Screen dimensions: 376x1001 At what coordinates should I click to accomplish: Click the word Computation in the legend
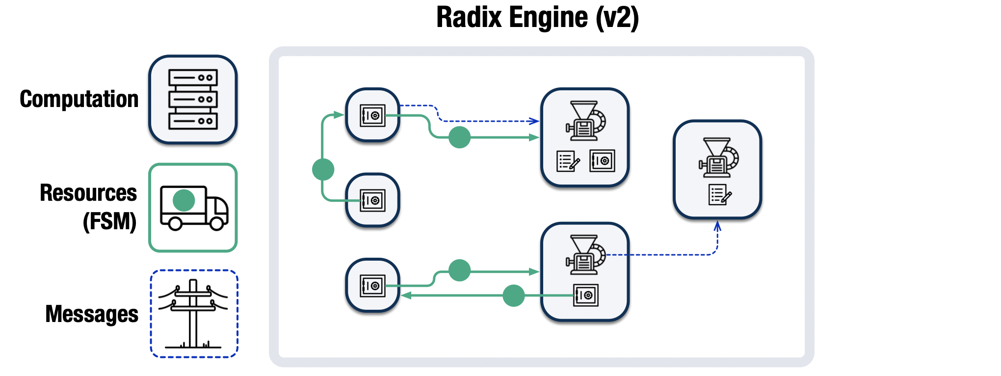(79, 99)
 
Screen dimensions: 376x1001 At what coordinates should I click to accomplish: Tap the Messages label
(92, 314)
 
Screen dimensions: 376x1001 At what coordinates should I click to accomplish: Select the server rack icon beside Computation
(193, 99)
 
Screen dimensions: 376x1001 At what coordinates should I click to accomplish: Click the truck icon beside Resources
(194, 208)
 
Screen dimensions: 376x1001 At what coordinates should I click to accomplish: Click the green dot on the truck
(184, 200)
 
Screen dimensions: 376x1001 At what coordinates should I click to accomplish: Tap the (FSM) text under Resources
(109, 221)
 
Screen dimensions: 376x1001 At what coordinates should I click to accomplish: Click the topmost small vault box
(372, 115)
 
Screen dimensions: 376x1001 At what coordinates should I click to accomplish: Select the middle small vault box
(372, 200)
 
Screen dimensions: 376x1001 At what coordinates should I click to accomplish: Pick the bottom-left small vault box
(372, 286)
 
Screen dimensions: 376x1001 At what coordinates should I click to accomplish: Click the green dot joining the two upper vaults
(323, 169)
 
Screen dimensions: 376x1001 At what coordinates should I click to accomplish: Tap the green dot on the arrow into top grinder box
(459, 137)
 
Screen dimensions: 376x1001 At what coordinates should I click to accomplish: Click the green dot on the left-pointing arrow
(513, 295)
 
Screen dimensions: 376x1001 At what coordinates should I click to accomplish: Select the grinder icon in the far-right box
(718, 158)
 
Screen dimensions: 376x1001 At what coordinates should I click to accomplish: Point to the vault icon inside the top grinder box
(602, 161)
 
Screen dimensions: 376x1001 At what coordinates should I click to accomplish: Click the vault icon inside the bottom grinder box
(585, 295)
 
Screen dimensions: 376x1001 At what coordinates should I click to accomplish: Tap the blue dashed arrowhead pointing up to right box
(717, 225)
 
